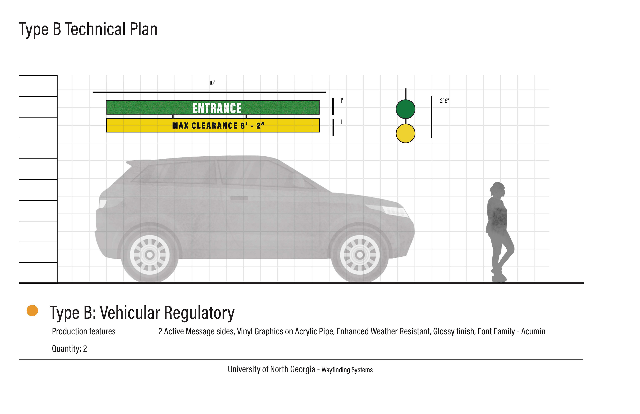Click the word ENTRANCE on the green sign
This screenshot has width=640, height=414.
coord(217,108)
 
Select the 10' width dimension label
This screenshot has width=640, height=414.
coord(212,83)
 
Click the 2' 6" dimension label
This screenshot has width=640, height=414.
coord(444,101)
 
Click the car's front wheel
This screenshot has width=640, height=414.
coord(360,255)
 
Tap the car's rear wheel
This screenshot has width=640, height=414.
coord(150,255)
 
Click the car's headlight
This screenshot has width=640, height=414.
coord(394,210)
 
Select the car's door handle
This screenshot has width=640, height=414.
coord(239,198)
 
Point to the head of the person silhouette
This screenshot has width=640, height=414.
coord(497,190)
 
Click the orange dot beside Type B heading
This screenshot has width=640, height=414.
coord(32,311)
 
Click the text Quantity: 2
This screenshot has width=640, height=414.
coord(69,349)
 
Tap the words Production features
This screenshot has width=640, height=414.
coord(84,332)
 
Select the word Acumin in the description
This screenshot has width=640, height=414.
coord(533,332)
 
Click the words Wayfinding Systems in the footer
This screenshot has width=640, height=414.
coord(347,370)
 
